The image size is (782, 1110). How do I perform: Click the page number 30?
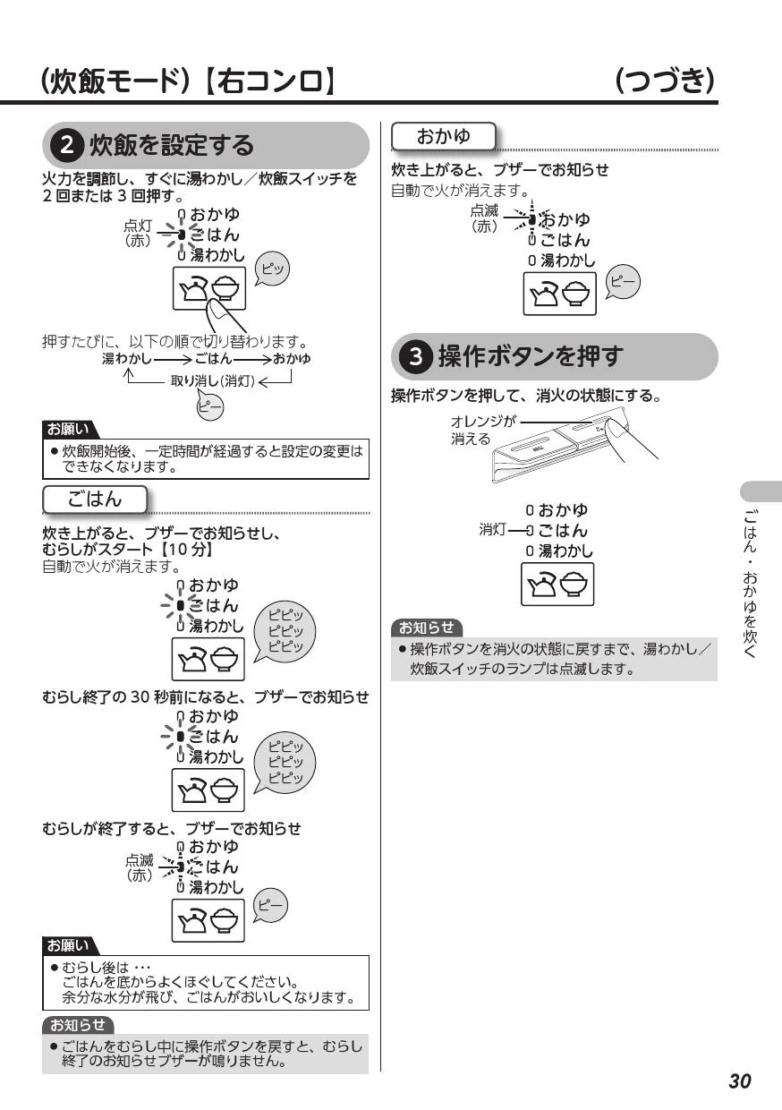740,1080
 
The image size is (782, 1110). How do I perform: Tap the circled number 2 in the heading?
67,146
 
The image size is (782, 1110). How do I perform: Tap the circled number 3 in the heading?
416,356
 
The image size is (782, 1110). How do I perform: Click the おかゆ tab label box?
443,136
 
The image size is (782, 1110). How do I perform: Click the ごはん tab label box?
95,499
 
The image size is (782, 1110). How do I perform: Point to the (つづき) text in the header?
665,81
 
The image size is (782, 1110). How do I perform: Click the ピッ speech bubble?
272,269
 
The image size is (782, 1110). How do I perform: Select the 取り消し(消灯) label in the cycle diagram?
212,380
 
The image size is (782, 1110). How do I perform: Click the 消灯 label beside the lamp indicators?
492,529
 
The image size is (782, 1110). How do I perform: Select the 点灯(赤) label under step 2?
137,233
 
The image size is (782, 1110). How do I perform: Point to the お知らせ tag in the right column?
427,628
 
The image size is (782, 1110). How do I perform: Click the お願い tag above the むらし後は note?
69,945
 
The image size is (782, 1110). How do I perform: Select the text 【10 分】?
185,550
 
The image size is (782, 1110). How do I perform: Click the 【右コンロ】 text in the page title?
270,81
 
